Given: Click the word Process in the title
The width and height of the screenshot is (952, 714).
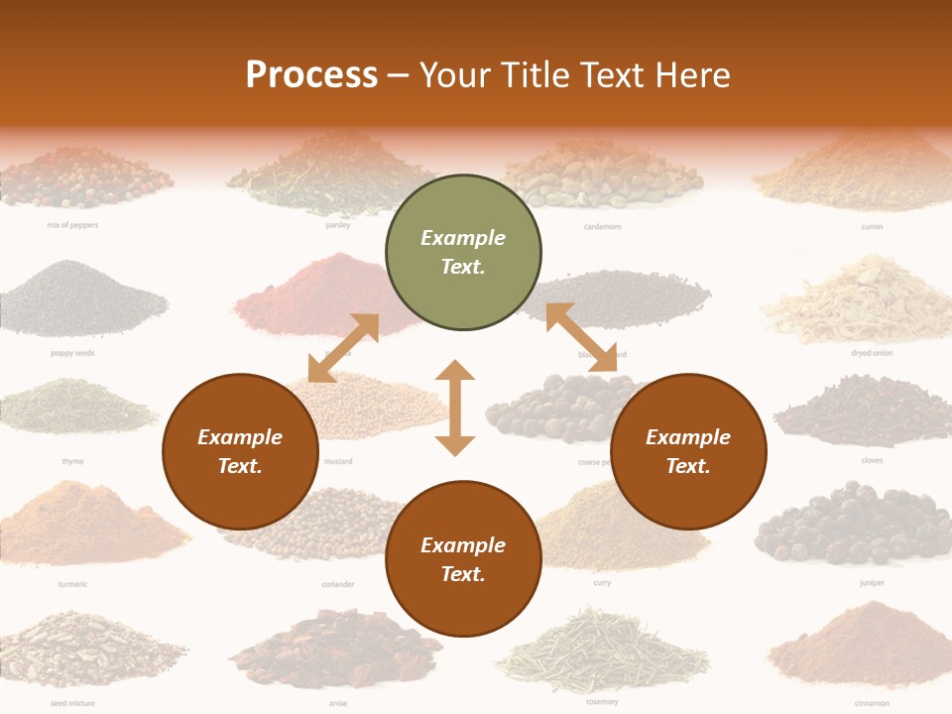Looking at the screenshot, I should pyautogui.click(x=311, y=74).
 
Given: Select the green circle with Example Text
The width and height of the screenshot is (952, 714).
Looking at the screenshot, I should pyautogui.click(x=463, y=253).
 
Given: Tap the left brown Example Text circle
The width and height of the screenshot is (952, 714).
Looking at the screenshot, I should pyautogui.click(x=240, y=452).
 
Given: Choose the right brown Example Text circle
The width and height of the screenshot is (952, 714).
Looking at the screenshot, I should pyautogui.click(x=688, y=452).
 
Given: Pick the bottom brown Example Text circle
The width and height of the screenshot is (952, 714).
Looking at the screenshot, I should pyautogui.click(x=463, y=559).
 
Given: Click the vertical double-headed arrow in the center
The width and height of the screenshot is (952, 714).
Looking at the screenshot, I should pyautogui.click(x=455, y=408).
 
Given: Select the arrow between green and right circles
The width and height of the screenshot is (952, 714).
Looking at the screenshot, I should pyautogui.click(x=581, y=337).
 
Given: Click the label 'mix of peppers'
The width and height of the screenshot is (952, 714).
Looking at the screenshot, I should pyautogui.click(x=72, y=225).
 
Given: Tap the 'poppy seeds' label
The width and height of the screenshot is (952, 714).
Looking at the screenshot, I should pyautogui.click(x=72, y=353).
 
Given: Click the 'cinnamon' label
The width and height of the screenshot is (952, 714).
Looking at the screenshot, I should pyautogui.click(x=873, y=703).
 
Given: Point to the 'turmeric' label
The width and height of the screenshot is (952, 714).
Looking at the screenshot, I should pyautogui.click(x=72, y=584).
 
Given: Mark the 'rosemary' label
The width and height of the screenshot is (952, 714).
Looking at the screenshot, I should pyautogui.click(x=602, y=702).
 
